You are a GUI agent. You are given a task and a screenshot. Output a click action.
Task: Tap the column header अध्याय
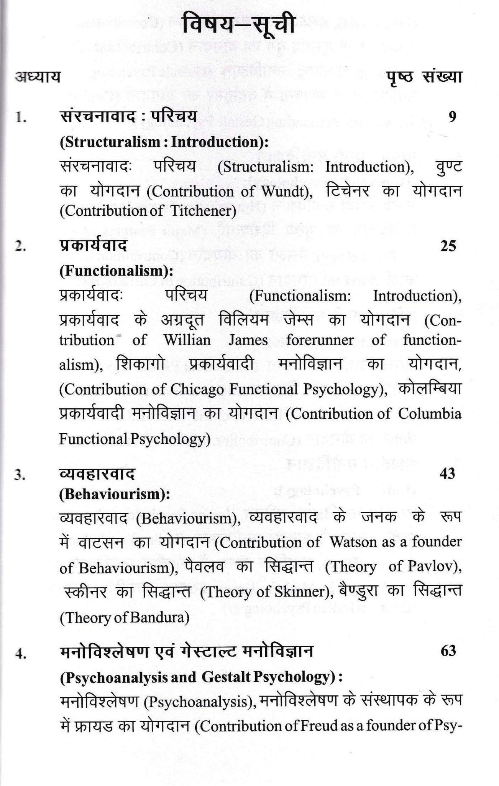(x=38, y=77)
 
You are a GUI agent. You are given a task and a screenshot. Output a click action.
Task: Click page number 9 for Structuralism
(x=452, y=116)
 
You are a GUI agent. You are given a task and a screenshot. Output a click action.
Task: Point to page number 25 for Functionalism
(x=448, y=246)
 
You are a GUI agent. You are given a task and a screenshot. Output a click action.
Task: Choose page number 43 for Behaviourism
(x=448, y=473)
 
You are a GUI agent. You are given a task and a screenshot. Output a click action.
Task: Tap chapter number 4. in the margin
(x=21, y=654)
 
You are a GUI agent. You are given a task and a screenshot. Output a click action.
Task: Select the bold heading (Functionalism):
(x=116, y=271)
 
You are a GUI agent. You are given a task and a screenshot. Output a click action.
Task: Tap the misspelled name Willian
(x=187, y=340)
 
